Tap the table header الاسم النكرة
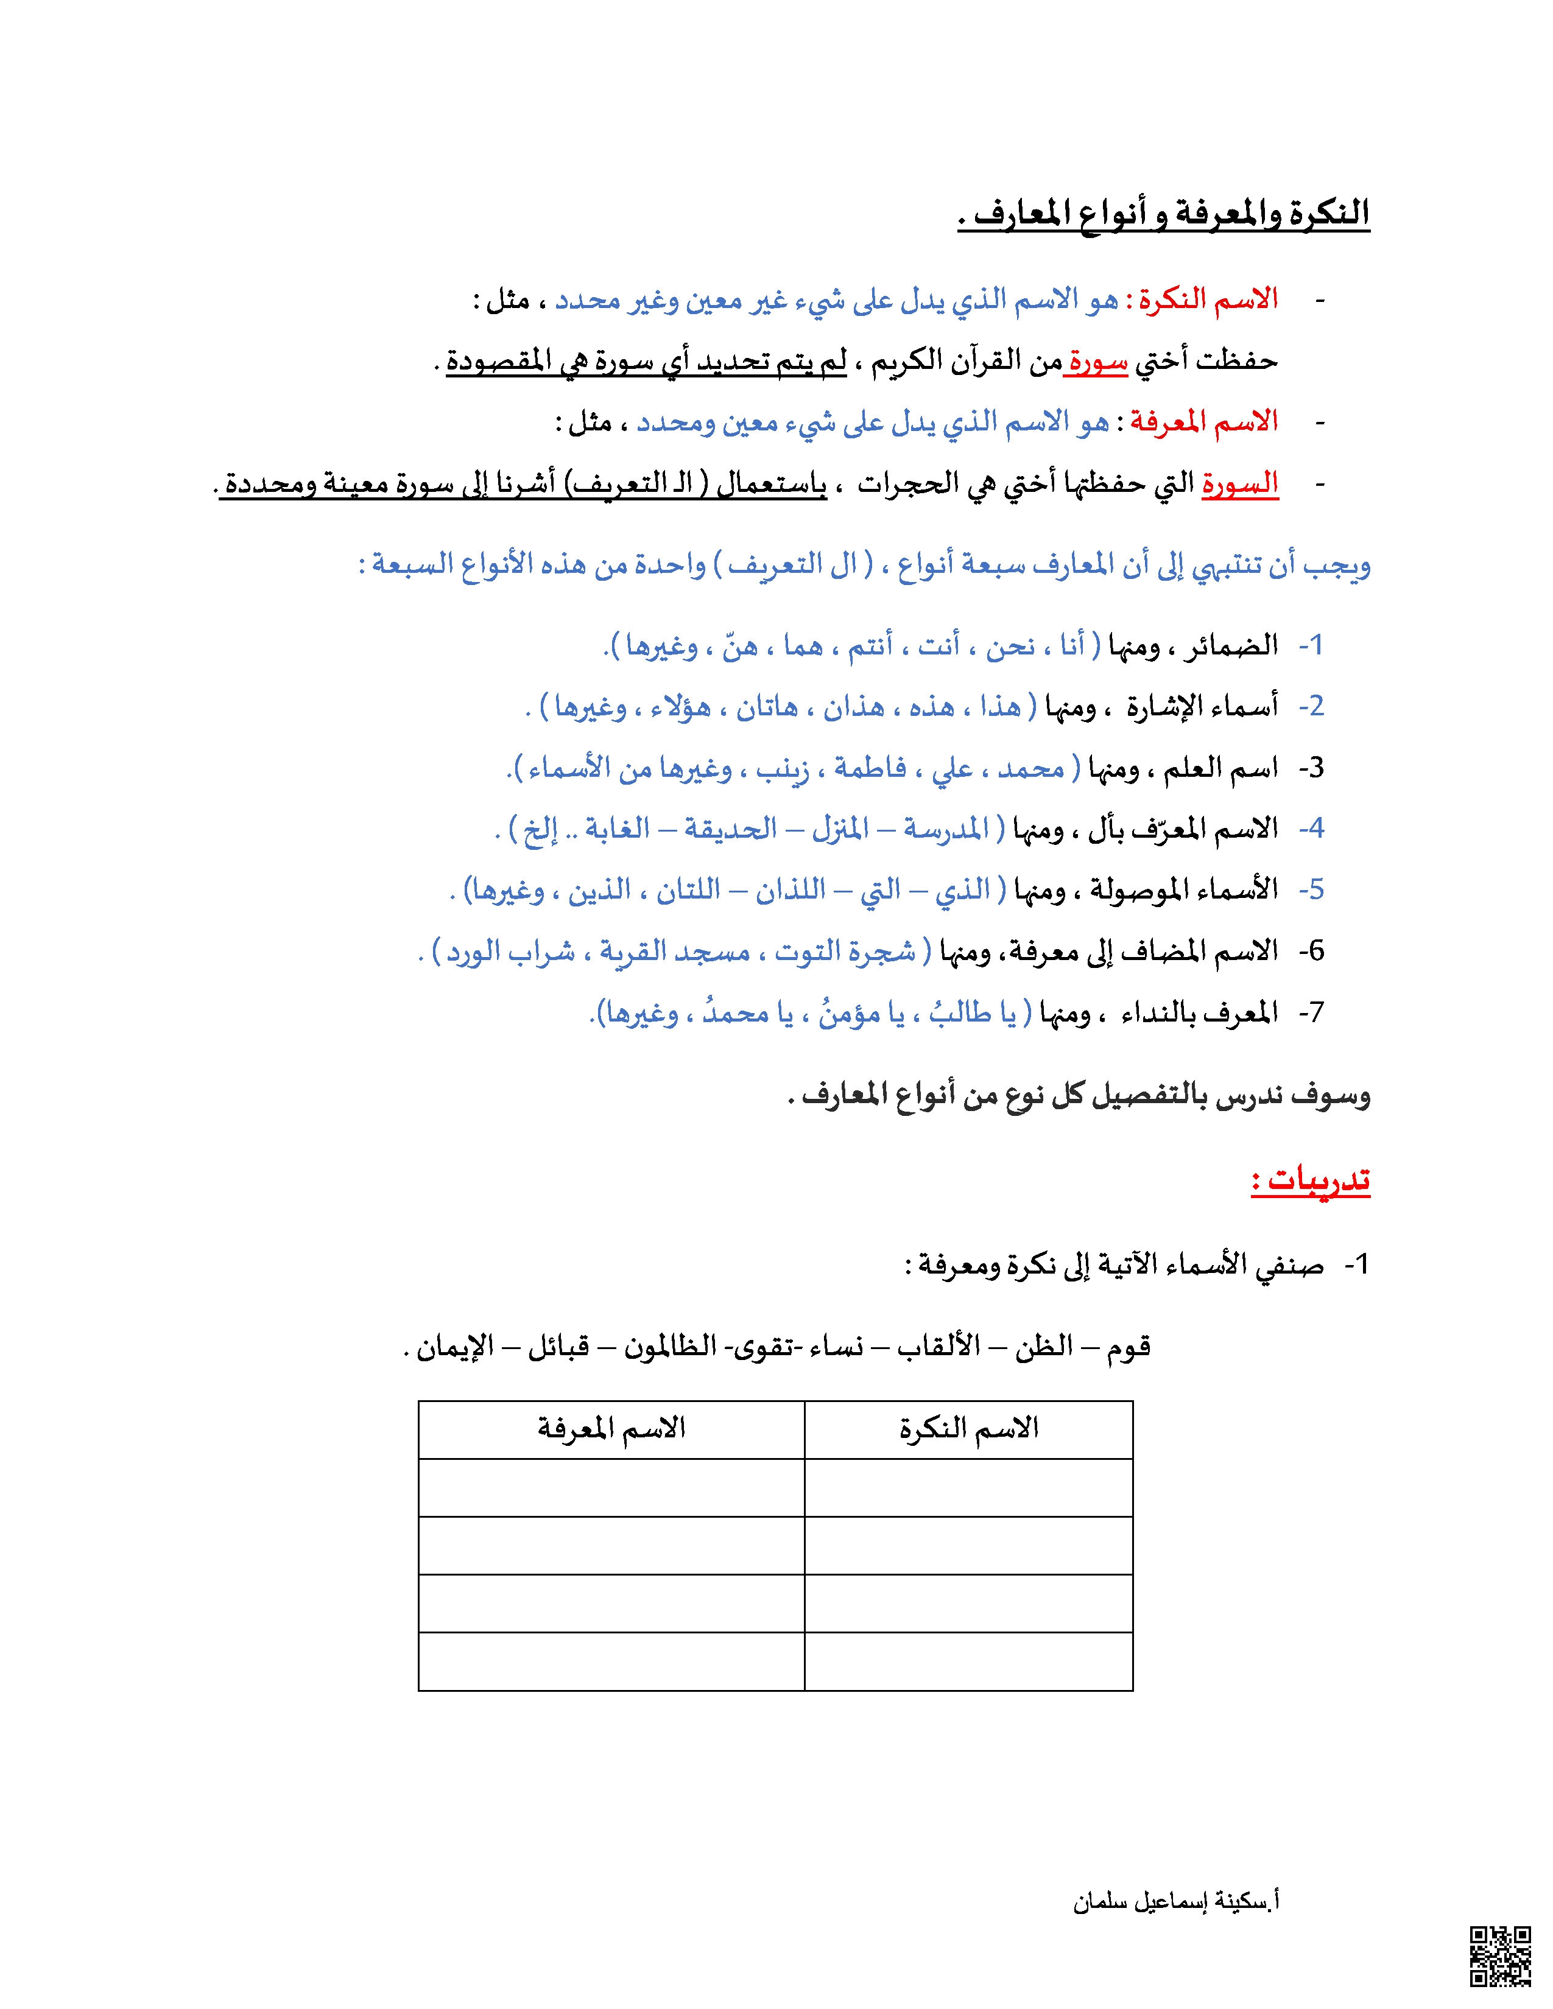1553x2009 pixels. (x=969, y=1429)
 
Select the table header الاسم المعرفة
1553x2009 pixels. (x=612, y=1429)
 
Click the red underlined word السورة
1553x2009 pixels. (x=1239, y=483)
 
